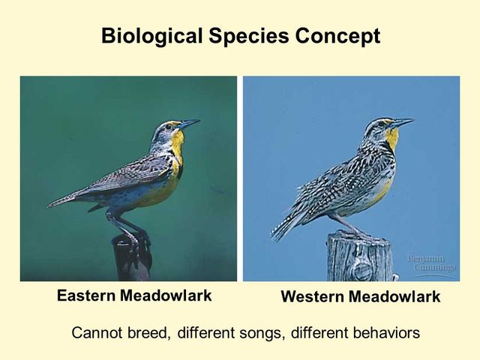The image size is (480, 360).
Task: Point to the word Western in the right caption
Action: click(x=311, y=297)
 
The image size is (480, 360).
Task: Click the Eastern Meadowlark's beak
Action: click(x=190, y=123)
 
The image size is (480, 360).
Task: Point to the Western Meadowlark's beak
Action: click(x=403, y=121)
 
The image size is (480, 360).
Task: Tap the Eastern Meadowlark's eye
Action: click(x=173, y=125)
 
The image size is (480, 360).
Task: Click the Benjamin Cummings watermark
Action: click(x=432, y=263)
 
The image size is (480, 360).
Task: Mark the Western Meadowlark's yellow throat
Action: click(x=391, y=137)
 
